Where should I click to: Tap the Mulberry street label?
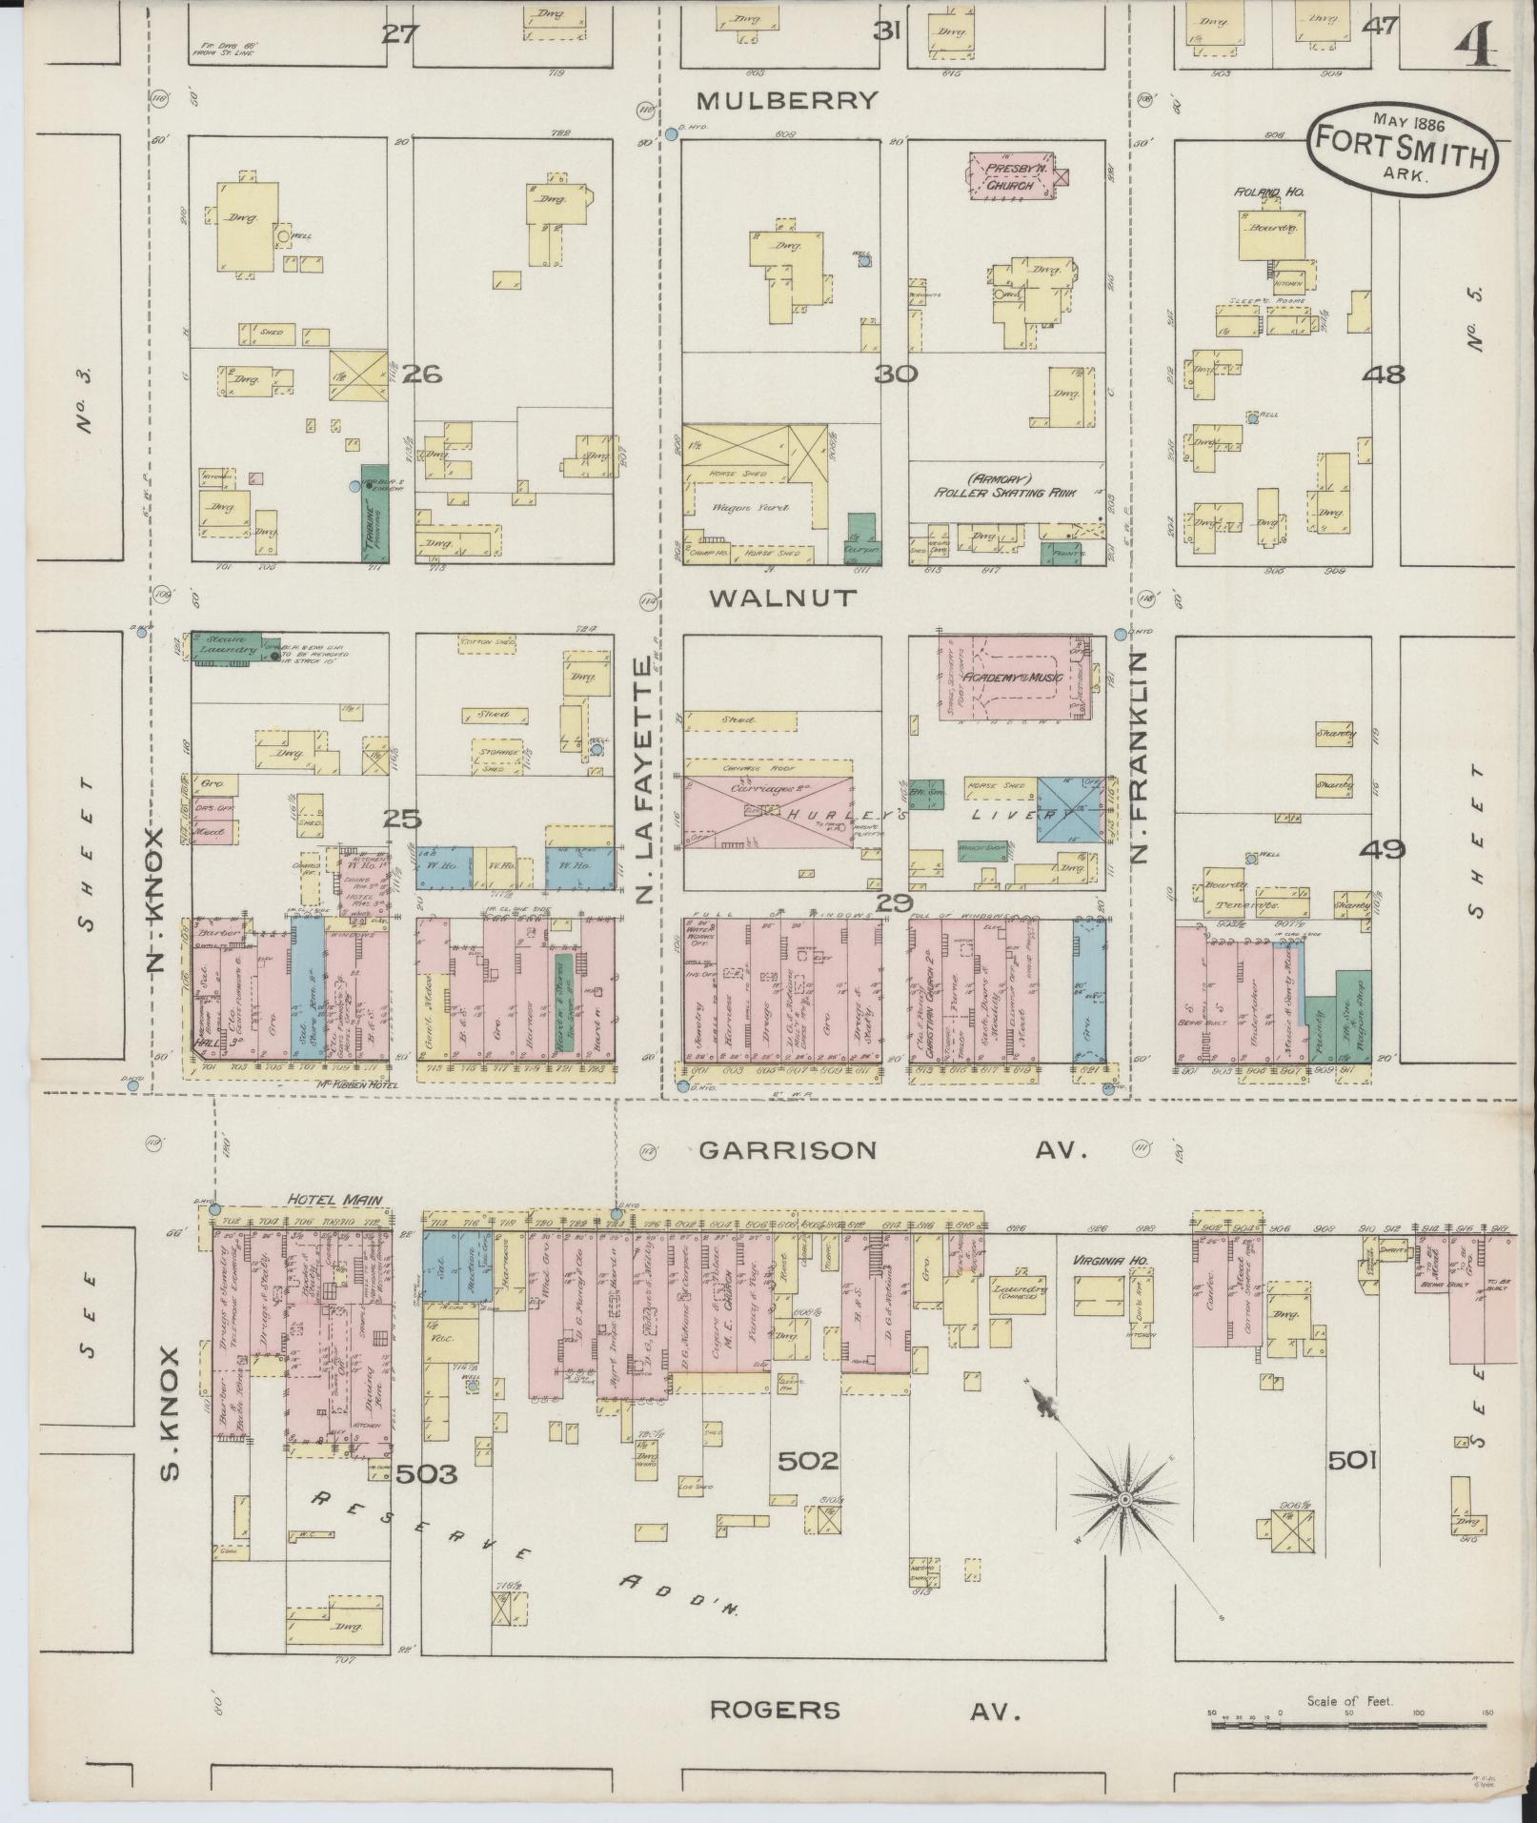[786, 101]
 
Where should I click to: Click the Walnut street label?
[783, 598]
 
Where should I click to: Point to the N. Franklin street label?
[1139, 757]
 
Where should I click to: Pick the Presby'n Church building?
[1010, 177]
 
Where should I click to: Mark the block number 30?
[898, 375]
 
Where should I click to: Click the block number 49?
[1383, 848]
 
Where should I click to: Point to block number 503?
[426, 1475]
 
